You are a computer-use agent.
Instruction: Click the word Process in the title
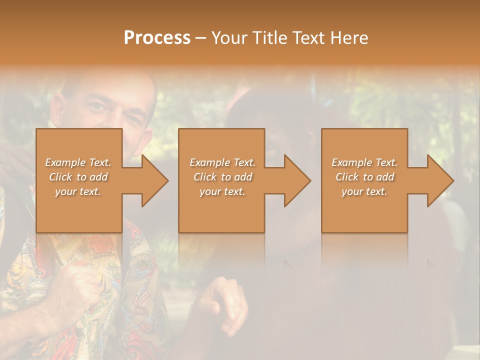[x=157, y=38]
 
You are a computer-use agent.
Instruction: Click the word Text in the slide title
[x=309, y=38]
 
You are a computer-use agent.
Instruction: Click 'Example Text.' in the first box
[x=78, y=162]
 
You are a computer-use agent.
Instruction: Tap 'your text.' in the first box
[x=78, y=191]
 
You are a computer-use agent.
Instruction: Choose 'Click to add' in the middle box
[x=222, y=177]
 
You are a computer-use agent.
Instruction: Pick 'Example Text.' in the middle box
[x=222, y=162]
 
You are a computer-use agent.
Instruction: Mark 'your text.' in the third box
[x=364, y=191]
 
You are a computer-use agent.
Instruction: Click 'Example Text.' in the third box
[x=364, y=162]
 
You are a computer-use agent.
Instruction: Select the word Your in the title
[x=229, y=38]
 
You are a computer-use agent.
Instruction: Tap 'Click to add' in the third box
[x=364, y=177]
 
